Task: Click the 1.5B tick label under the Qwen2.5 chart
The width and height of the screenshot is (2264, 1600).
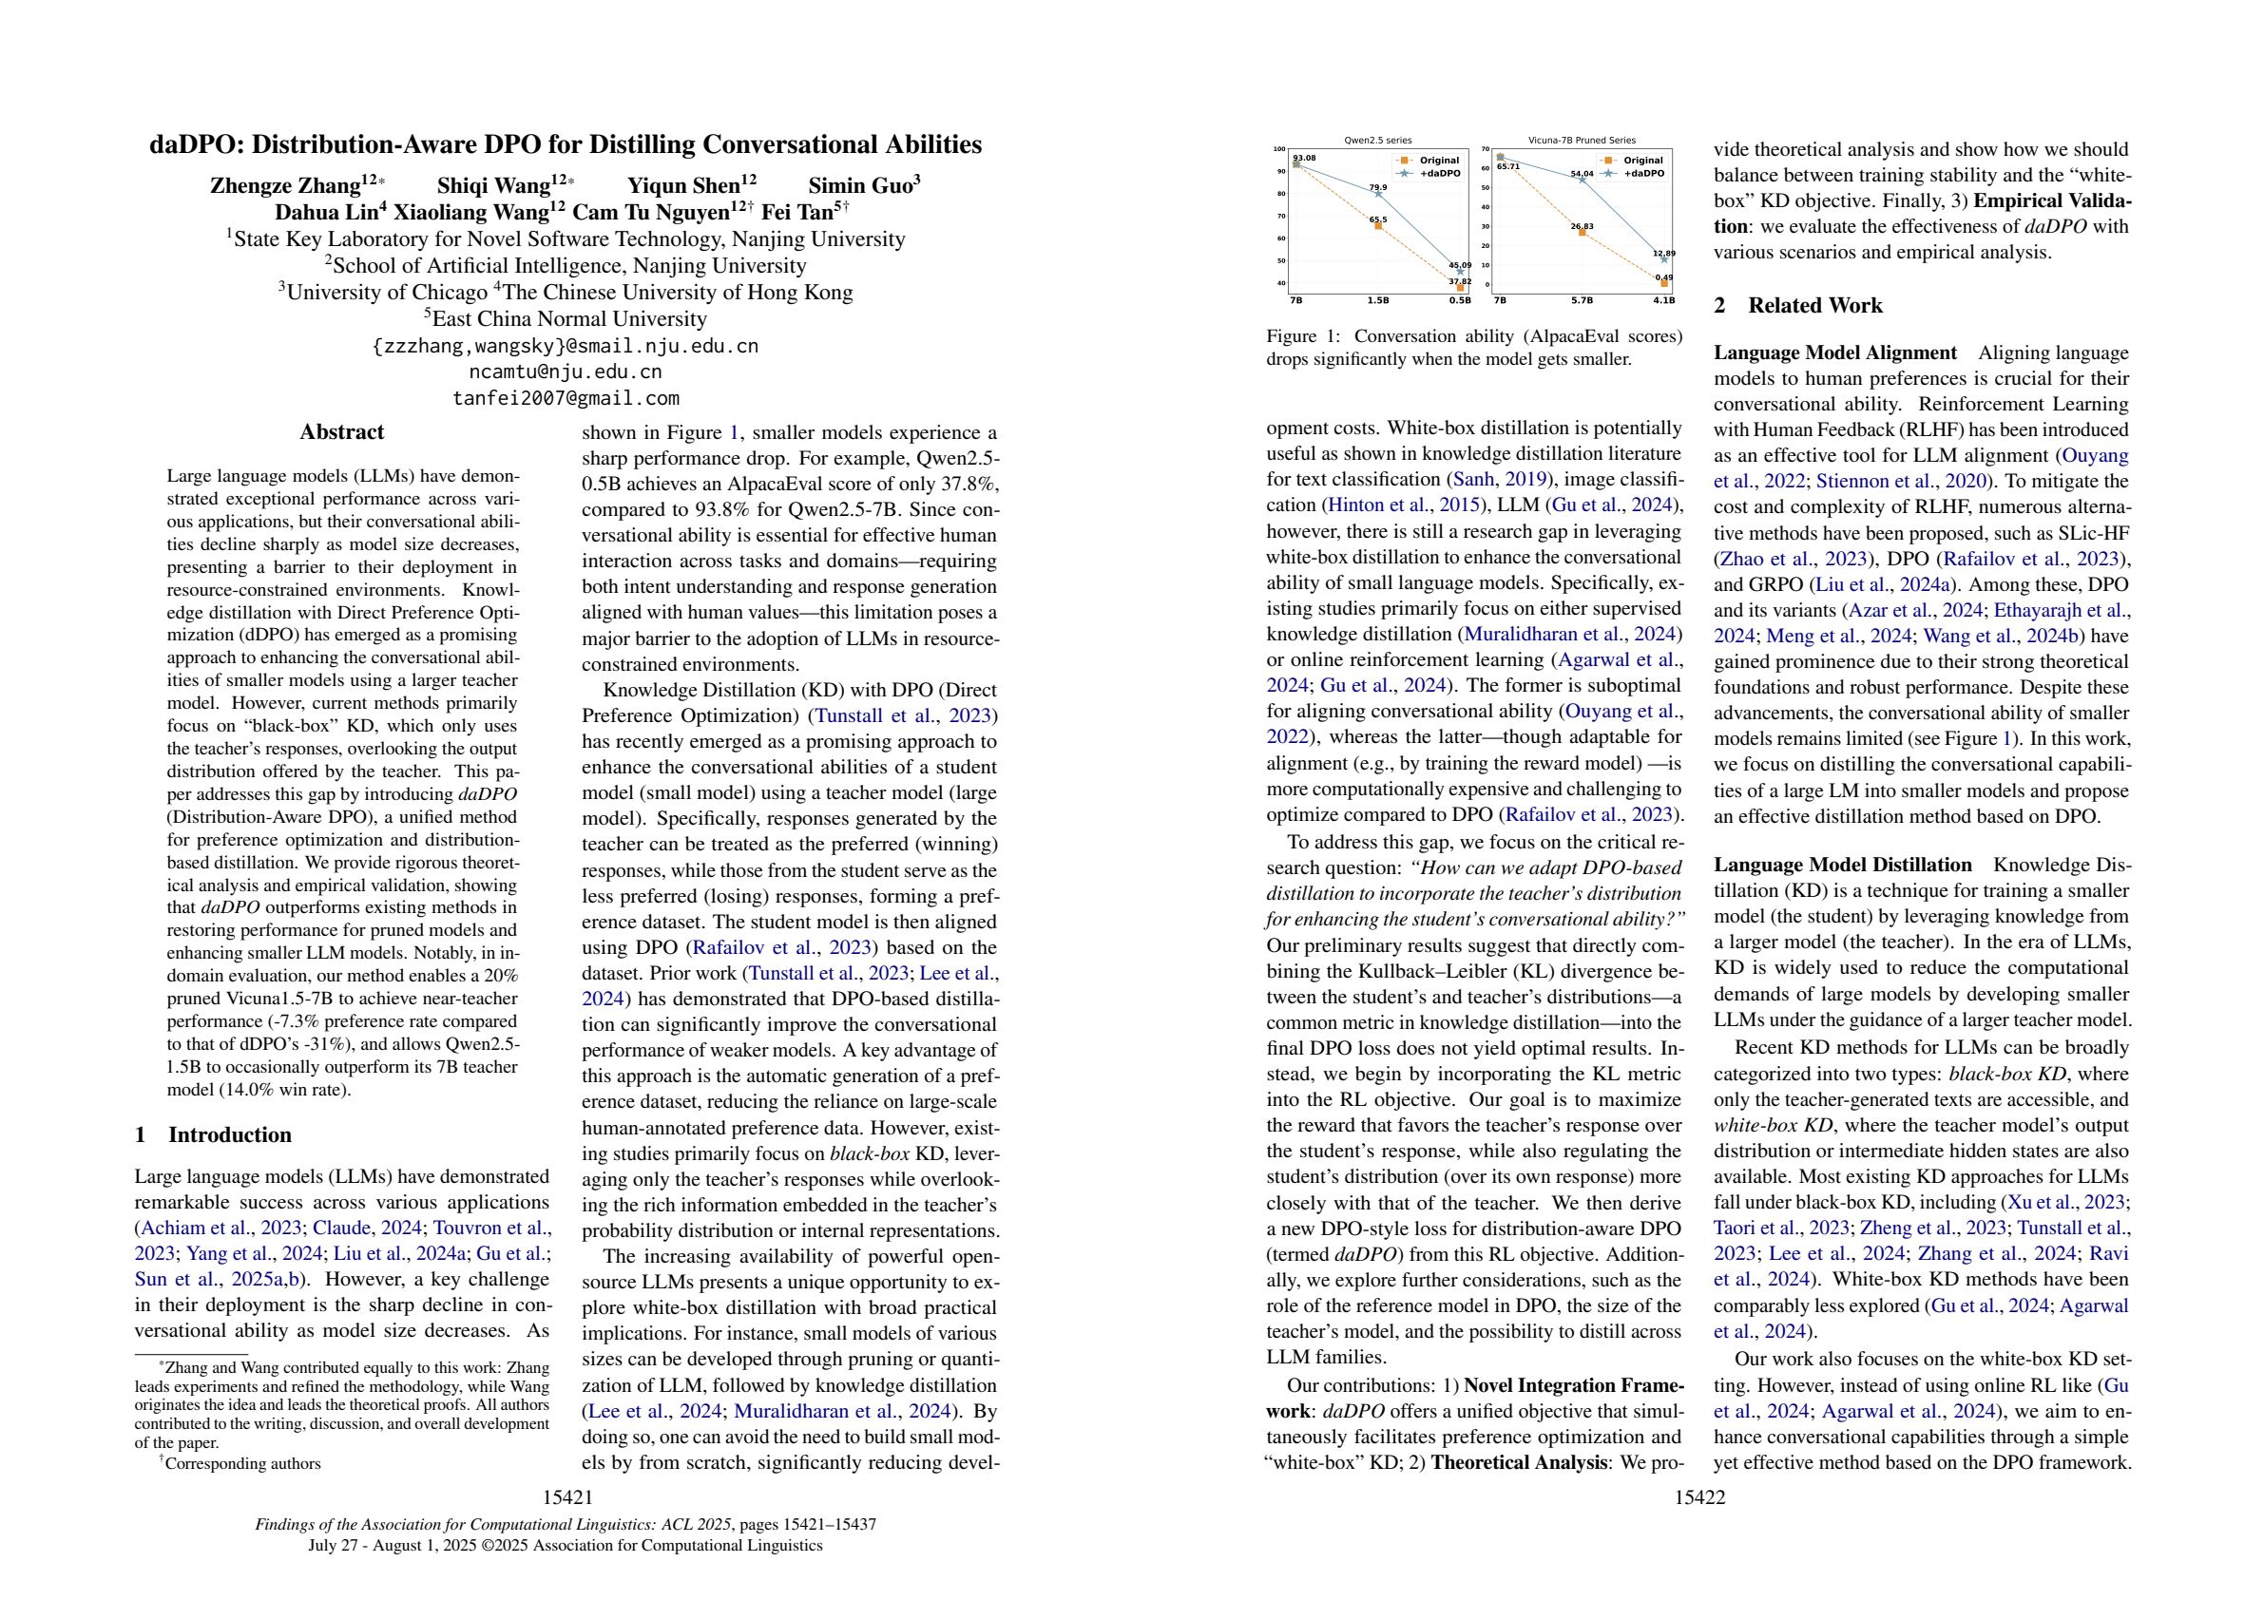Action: coord(1377,299)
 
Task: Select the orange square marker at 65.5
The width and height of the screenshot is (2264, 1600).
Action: coord(1377,226)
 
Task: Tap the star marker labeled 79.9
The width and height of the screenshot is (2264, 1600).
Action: coord(1377,193)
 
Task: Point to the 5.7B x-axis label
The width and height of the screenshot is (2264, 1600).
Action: coord(1582,299)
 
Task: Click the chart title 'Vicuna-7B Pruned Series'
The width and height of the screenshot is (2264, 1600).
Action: coord(1582,141)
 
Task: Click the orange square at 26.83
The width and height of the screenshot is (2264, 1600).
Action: coord(1582,232)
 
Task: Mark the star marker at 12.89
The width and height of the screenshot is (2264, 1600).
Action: coord(1663,259)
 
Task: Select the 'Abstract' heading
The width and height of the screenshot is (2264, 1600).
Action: coord(341,431)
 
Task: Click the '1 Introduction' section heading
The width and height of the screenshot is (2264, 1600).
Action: coord(213,1134)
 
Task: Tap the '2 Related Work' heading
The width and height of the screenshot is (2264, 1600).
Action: coord(1797,306)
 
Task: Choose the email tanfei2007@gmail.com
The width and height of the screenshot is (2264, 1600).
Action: coord(566,398)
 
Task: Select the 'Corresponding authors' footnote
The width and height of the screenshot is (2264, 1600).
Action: coord(241,1463)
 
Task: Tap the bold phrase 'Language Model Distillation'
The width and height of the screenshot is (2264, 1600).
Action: coord(1842,865)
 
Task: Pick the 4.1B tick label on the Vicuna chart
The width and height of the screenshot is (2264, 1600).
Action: coord(1663,299)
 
